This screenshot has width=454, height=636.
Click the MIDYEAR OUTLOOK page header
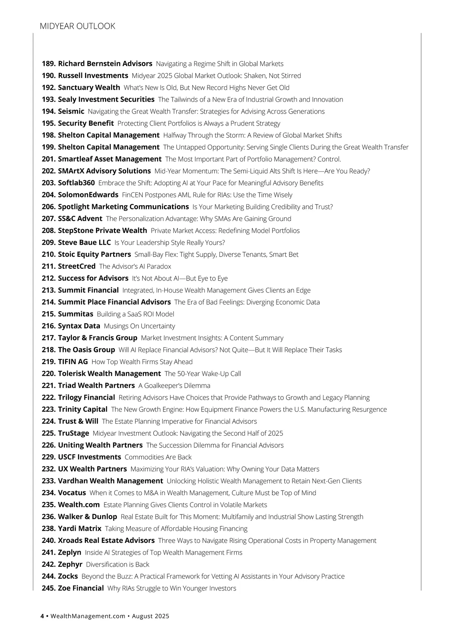coord(77,26)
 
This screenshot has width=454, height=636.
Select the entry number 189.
coord(49,64)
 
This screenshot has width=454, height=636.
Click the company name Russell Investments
coord(93,76)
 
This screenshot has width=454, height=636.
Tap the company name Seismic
coord(71,111)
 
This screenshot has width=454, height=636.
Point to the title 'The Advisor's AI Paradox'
coord(135,267)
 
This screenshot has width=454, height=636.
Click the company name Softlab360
coord(76,183)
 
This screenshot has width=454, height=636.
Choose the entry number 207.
coord(49,219)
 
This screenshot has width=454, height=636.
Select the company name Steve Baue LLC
coord(84,243)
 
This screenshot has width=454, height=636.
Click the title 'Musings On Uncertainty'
coord(140,326)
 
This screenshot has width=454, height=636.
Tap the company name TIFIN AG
coord(73,362)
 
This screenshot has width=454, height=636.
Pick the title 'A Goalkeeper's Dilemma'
coord(174,386)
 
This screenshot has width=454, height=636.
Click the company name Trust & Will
coord(78,421)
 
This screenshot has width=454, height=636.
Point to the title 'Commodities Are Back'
coord(158,457)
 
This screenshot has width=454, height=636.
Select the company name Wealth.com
coord(79,505)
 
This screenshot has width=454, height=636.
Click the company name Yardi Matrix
coord(79,529)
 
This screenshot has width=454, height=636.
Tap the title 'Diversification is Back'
coord(118,564)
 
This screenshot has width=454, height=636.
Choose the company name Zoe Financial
coord(81,588)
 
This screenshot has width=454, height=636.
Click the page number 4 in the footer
coord(42,616)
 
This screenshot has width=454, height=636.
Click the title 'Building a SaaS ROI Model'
coord(135,314)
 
